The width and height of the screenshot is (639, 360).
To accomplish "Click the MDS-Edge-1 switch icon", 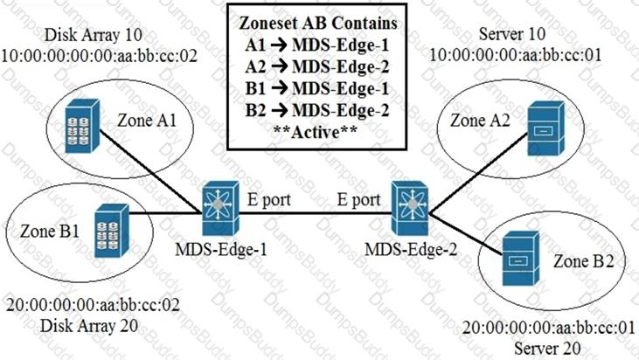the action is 220,208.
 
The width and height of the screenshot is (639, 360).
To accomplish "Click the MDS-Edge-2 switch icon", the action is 410,208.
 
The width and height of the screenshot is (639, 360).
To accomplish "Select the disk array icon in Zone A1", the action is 82,126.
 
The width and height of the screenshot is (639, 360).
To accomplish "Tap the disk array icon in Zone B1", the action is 112,231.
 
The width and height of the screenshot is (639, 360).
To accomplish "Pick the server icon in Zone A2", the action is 546,128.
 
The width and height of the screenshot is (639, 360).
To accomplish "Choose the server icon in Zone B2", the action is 521,258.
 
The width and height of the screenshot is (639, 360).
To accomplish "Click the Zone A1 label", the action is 147,121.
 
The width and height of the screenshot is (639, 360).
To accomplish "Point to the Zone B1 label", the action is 50,232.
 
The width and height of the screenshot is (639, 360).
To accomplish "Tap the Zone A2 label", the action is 480,120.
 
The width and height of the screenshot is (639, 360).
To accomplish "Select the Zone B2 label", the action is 584,261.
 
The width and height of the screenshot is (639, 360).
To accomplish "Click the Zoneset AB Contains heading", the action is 318,23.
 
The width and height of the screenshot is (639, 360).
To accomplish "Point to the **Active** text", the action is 316,132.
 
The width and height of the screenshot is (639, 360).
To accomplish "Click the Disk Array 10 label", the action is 94,35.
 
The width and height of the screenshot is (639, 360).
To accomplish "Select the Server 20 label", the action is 547,348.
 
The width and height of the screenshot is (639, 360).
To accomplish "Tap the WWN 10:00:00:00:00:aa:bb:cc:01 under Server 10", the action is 516,54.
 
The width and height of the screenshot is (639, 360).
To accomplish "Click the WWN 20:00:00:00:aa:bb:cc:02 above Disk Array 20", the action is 93,305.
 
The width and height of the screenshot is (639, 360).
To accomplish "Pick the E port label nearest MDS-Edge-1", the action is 269,200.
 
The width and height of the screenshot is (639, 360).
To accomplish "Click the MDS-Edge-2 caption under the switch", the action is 411,249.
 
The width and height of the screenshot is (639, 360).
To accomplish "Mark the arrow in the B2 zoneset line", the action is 279,111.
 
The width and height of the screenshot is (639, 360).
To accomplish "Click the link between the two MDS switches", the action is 316,212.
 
